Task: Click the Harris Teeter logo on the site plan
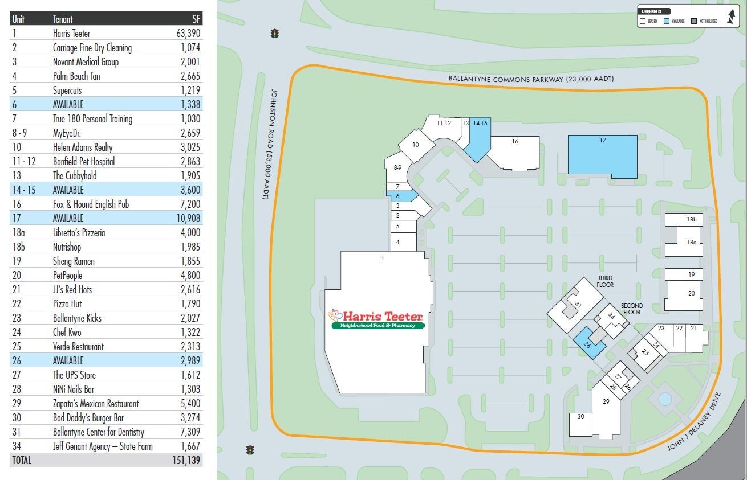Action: (x=376, y=319)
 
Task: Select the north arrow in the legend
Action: (x=731, y=17)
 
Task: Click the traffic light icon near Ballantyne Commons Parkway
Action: (x=275, y=34)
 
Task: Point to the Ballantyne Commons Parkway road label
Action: (x=530, y=79)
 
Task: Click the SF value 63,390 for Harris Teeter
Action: (x=188, y=34)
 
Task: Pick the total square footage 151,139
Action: (x=187, y=460)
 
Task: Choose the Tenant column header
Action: (x=63, y=19)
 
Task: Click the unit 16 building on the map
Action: (x=514, y=151)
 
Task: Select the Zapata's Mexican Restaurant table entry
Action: (x=96, y=403)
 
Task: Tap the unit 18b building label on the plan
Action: (x=691, y=219)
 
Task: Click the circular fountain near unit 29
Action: (x=665, y=399)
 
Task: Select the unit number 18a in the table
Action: (x=19, y=232)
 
